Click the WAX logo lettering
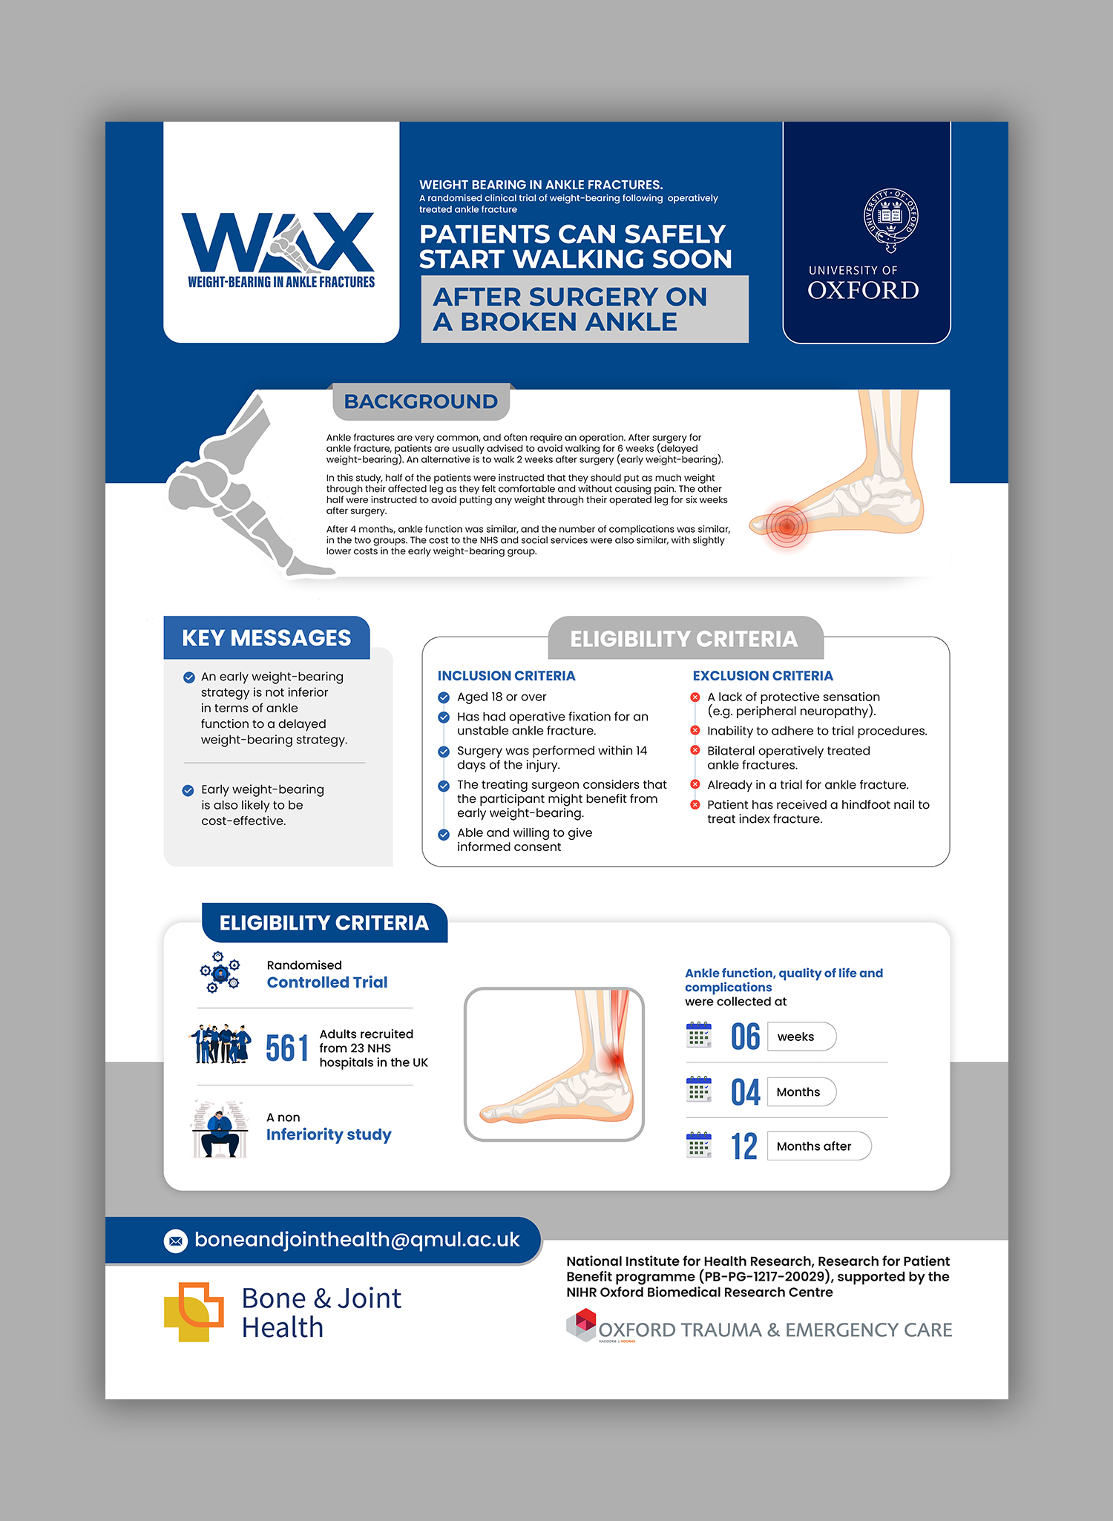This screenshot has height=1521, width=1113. (278, 243)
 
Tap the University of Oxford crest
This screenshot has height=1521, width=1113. (890, 220)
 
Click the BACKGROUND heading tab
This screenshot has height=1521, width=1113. (421, 401)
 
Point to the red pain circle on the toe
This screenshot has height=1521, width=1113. (786, 526)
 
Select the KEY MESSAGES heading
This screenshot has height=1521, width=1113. (266, 638)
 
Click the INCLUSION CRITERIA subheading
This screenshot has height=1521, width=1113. (506, 676)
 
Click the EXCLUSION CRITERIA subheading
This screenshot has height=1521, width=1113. (762, 676)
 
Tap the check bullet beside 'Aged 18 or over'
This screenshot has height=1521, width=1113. (444, 697)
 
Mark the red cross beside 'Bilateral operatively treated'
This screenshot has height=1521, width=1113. (695, 750)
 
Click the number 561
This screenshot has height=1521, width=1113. (287, 1048)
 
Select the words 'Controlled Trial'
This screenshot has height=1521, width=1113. (327, 982)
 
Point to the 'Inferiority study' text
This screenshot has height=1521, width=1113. (329, 1134)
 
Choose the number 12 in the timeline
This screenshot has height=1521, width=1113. (744, 1146)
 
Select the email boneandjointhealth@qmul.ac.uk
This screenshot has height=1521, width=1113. (357, 1240)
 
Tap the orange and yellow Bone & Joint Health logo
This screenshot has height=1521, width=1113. (194, 1312)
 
